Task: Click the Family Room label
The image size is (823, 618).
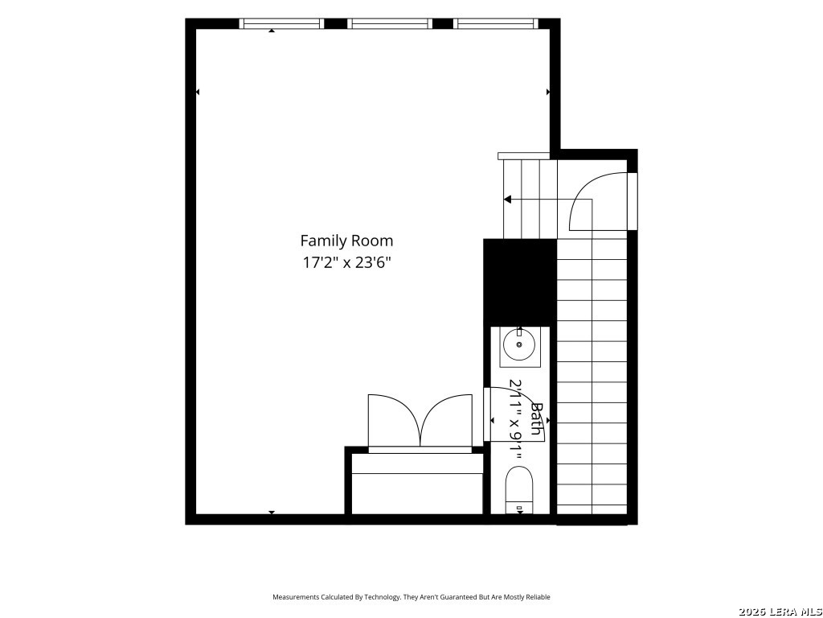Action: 346,241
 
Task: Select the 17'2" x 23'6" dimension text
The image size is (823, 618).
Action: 346,262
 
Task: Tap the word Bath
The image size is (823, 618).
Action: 536,418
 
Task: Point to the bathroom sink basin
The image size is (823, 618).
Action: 519,344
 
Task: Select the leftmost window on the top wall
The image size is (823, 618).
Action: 281,23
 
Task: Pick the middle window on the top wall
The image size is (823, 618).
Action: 390,23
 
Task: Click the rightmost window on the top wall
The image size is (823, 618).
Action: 496,23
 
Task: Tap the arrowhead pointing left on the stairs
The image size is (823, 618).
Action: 508,200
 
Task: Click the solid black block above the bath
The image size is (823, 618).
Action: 520,282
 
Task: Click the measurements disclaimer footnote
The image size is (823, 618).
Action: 411,597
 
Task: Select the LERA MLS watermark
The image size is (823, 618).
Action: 780,612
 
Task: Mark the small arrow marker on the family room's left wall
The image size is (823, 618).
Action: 198,92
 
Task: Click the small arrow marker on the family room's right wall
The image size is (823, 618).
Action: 548,92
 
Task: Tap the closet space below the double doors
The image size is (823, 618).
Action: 417,484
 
